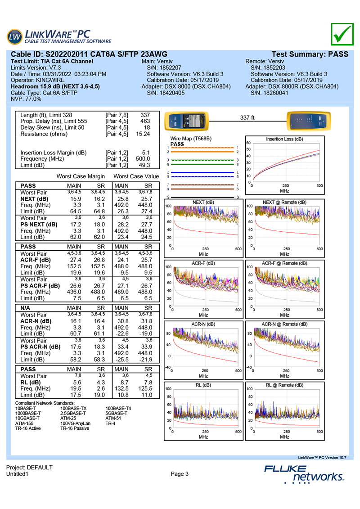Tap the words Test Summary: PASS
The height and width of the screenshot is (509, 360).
(x=310, y=54)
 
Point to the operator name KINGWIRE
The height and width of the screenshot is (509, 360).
(x=51, y=80)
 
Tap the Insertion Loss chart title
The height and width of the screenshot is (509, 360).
(x=284, y=139)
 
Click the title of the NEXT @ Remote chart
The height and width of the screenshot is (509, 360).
(x=284, y=203)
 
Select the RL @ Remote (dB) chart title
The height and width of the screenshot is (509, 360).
(x=284, y=385)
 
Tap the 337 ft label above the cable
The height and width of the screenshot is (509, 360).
(x=247, y=117)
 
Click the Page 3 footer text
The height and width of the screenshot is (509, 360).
(x=180, y=473)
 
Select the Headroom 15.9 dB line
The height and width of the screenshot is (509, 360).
(x=55, y=86)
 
